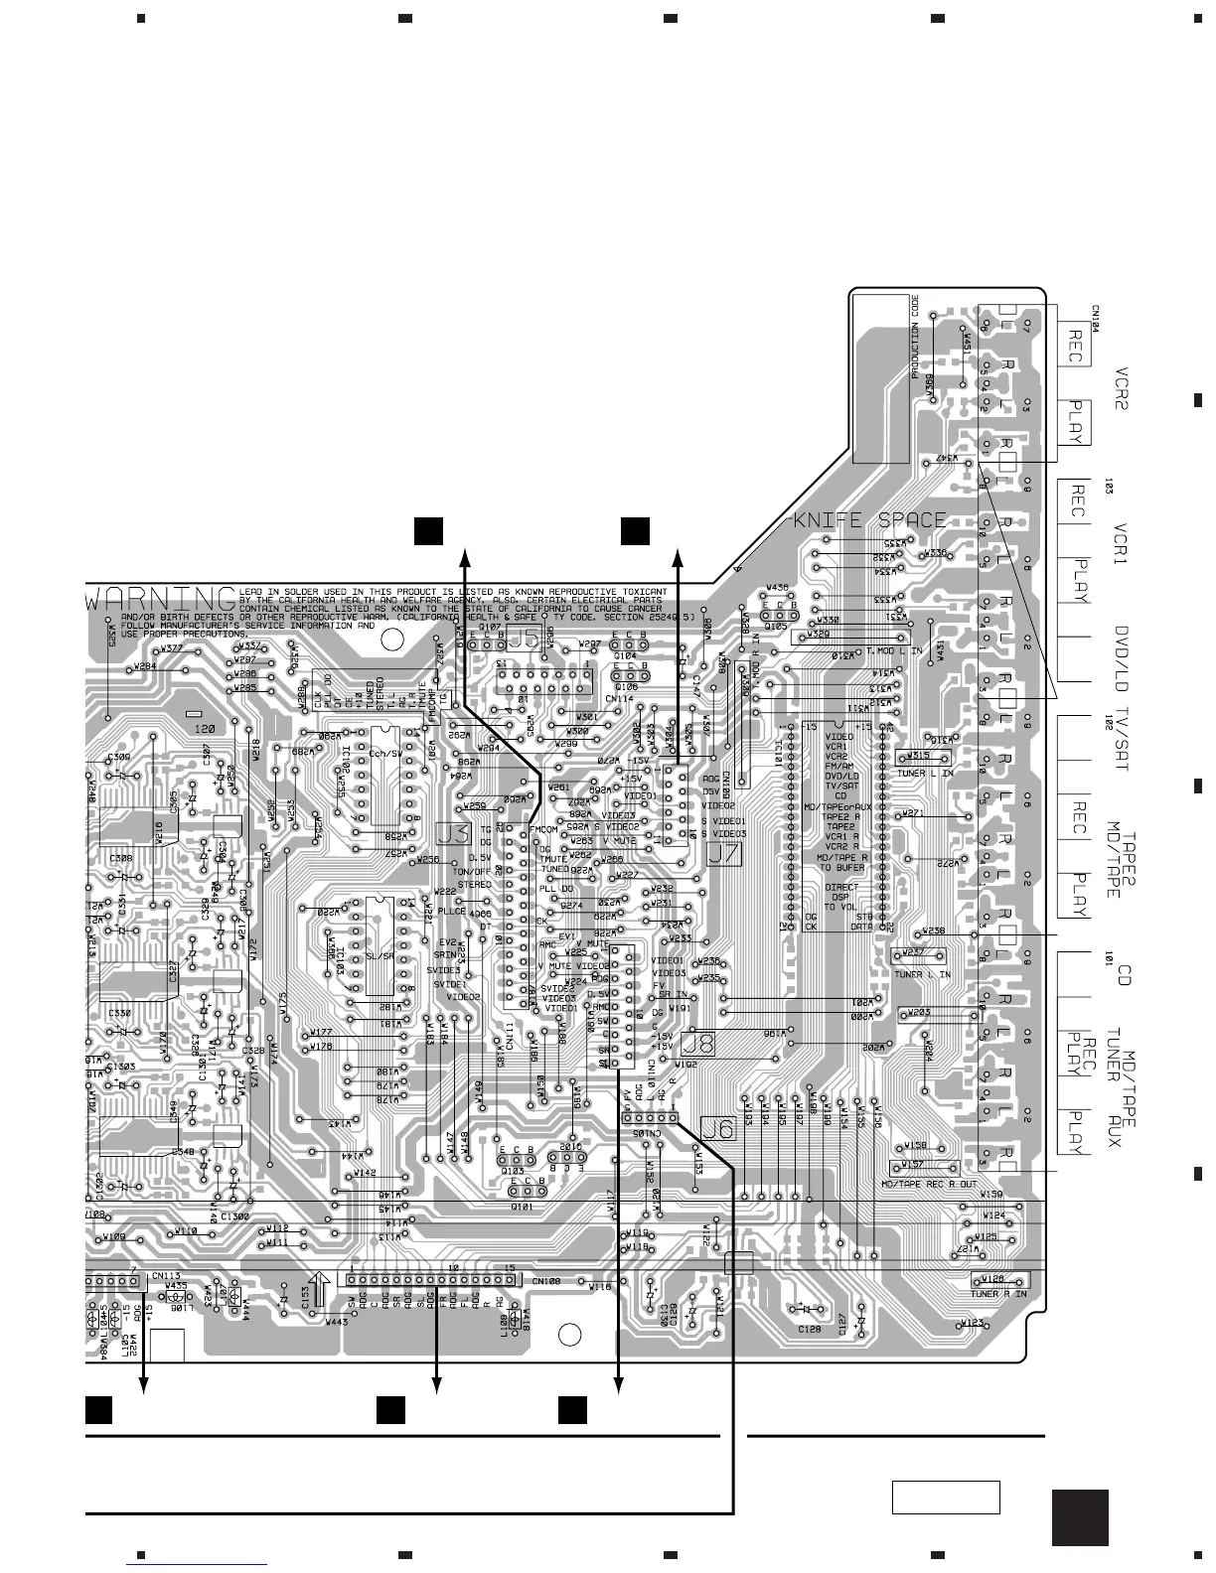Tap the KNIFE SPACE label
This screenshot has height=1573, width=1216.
[x=868, y=520]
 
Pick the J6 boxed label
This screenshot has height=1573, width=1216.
[x=716, y=1127]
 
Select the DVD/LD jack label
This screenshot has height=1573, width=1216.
[x=1123, y=657]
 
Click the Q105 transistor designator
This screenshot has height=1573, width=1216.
[x=777, y=627]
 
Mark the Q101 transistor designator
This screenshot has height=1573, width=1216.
[x=523, y=1208]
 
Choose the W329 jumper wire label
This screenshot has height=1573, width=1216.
[x=819, y=633]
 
